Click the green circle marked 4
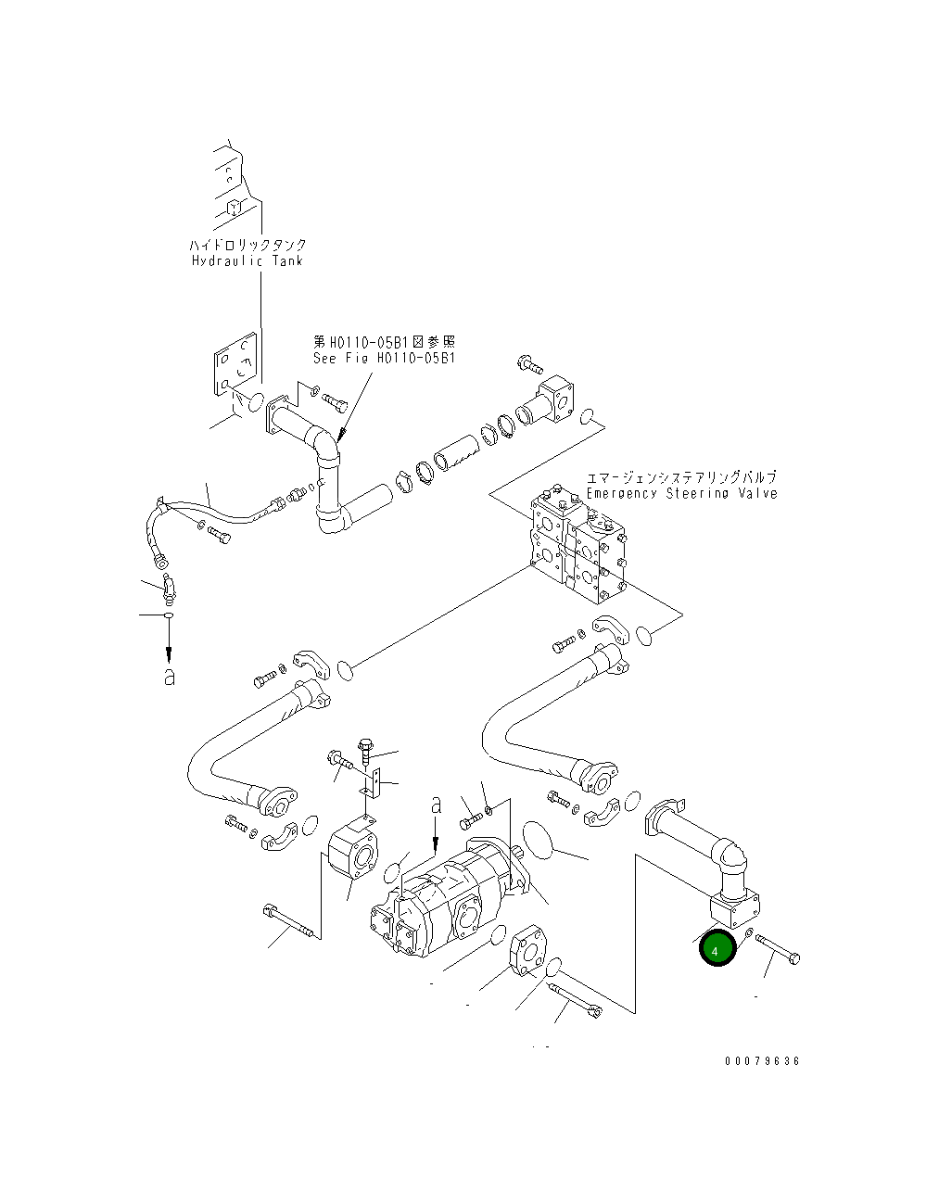717,949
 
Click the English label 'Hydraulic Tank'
247,261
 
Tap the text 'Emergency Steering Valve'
681,493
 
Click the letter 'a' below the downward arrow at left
169,677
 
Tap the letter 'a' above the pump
436,805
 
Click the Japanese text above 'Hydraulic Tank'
247,245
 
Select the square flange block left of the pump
354,850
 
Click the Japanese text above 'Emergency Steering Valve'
681,477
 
